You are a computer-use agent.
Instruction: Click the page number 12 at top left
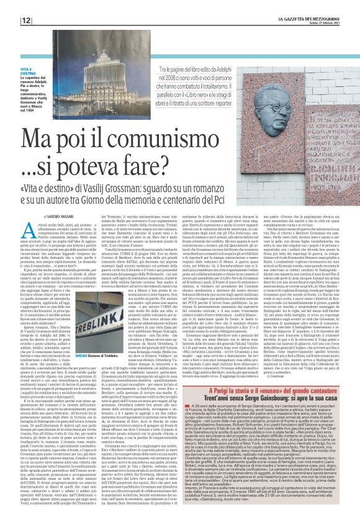[x=10, y=20]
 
